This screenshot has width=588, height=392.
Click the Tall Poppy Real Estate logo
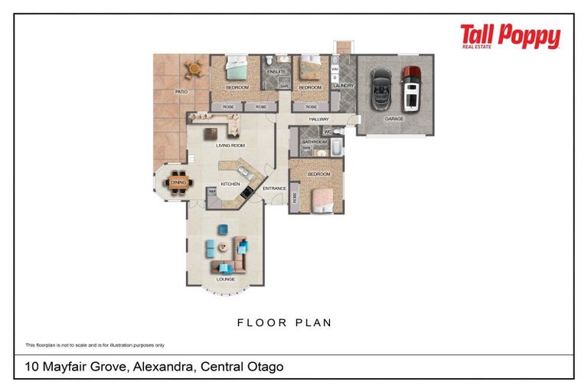[x=510, y=36]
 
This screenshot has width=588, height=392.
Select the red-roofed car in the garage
[x=412, y=87]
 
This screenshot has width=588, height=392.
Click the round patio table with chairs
[x=194, y=70]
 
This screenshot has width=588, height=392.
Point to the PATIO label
[x=181, y=92]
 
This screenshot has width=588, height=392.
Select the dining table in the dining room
[x=178, y=183]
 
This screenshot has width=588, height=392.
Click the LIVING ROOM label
[x=230, y=145]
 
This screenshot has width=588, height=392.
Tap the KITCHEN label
[x=230, y=185]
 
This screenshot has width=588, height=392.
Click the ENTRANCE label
[x=274, y=188]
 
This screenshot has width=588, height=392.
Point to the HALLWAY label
[x=318, y=119]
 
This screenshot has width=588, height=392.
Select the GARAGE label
[x=394, y=119]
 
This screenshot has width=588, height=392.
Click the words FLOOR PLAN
[x=284, y=322]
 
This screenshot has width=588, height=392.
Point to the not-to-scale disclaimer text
[x=95, y=345]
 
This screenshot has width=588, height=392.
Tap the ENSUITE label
[x=276, y=72]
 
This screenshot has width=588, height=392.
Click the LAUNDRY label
[x=344, y=86]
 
